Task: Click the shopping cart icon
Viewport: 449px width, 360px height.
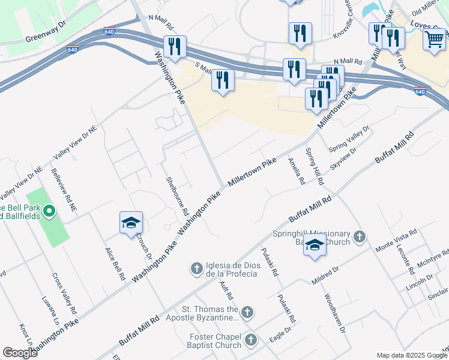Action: [x=435, y=40]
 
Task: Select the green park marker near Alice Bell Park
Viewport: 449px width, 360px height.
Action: [x=50, y=211]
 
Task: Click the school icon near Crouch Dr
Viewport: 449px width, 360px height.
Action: [x=131, y=223]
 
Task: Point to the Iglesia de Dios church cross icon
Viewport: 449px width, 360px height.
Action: [x=197, y=269]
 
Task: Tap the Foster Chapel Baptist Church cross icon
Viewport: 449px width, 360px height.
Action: [x=250, y=340]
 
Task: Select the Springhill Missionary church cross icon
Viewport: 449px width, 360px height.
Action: [x=359, y=236]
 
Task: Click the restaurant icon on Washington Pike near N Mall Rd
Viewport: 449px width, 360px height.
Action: [x=175, y=47]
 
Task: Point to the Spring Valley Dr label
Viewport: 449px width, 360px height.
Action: [x=349, y=139]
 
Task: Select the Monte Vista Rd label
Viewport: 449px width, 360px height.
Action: [x=396, y=240]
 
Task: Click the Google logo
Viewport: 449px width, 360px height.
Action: [x=20, y=353]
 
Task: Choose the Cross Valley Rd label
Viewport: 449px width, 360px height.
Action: [x=65, y=295]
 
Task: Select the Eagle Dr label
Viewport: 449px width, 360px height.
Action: [x=280, y=334]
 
